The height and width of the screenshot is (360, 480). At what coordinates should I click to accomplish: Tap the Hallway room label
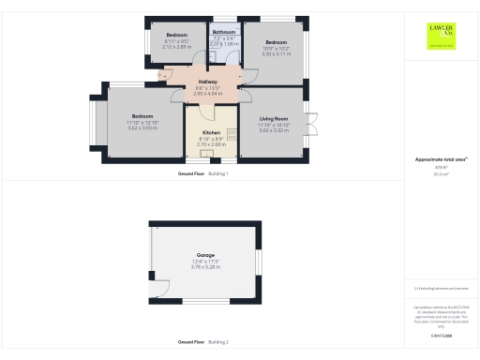[x=207, y=82]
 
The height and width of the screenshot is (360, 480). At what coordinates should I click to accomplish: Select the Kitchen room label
[x=212, y=133]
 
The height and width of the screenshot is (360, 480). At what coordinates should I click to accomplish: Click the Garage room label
[x=204, y=256]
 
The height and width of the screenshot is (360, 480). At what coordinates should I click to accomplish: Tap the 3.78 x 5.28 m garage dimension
[x=204, y=267]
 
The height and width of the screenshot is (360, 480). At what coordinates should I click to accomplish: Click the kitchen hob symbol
[x=232, y=137]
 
